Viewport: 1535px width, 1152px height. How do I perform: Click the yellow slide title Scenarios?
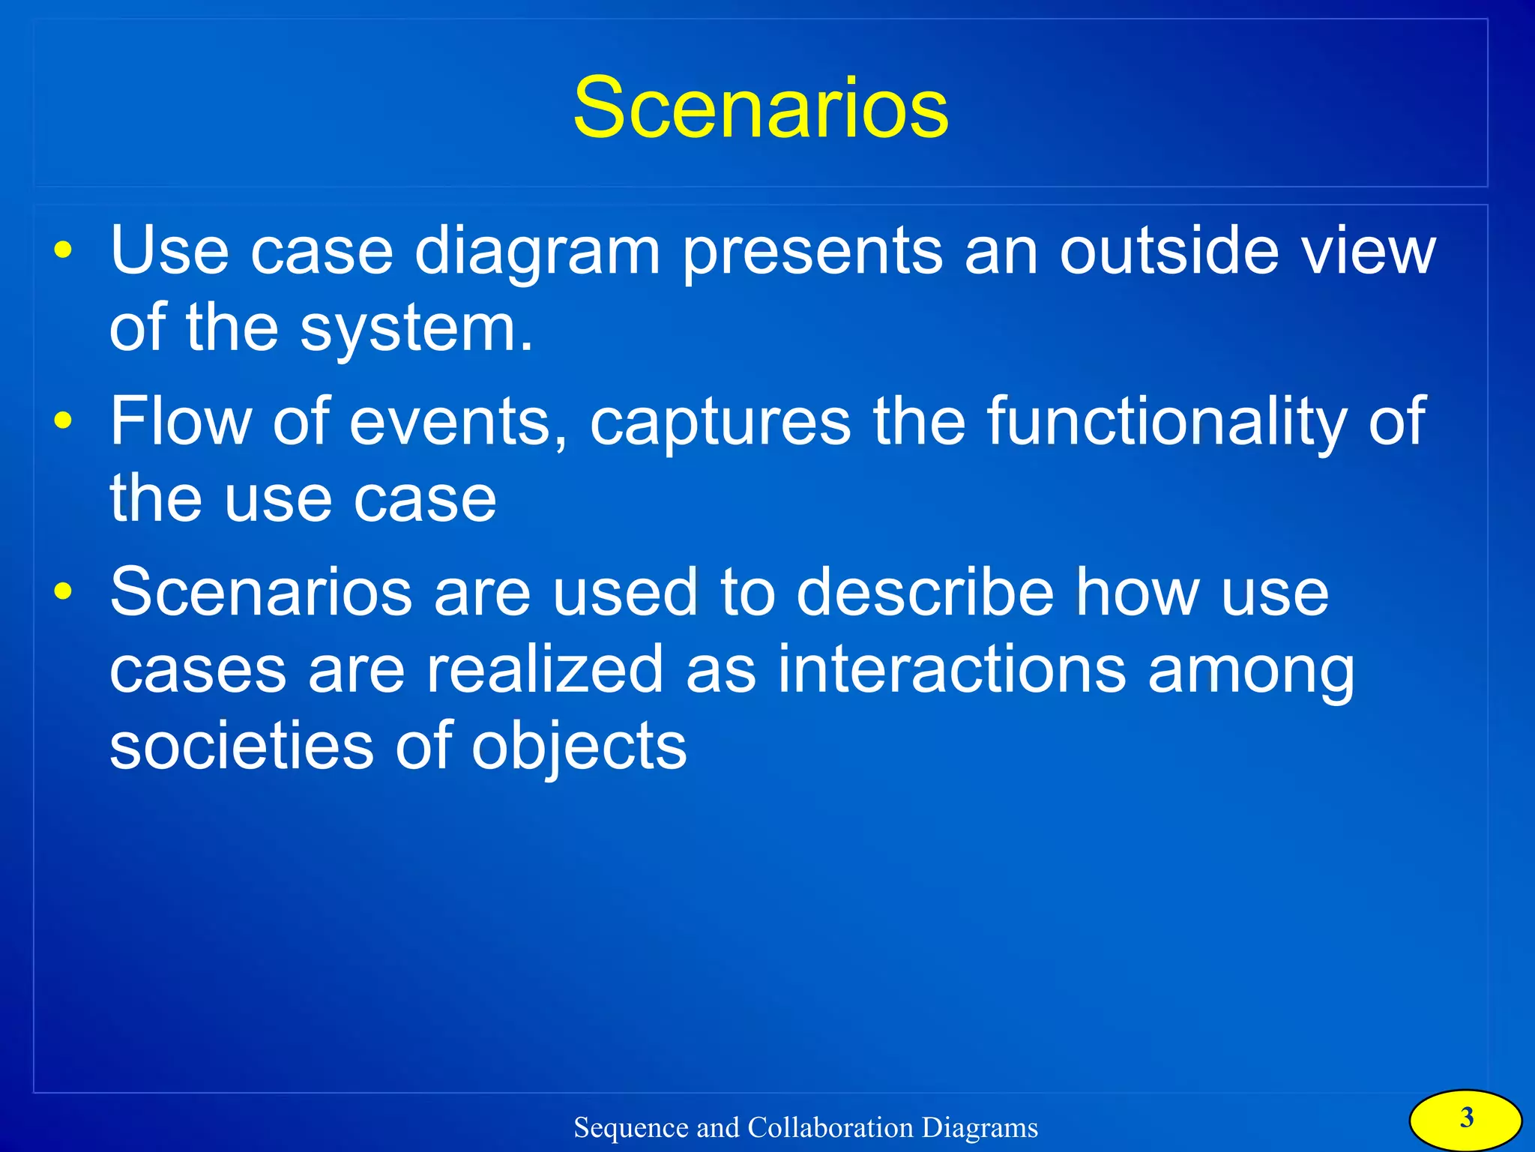(760, 108)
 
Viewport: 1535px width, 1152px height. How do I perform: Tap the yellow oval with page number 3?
(1465, 1119)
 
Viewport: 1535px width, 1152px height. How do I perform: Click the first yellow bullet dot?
(63, 250)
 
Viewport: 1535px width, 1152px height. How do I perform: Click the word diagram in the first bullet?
(537, 252)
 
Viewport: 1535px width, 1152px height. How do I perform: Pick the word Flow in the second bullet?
(181, 421)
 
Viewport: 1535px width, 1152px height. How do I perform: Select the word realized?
(545, 669)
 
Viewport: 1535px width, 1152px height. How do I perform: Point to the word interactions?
(951, 669)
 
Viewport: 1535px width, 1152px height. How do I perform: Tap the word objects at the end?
(579, 748)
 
